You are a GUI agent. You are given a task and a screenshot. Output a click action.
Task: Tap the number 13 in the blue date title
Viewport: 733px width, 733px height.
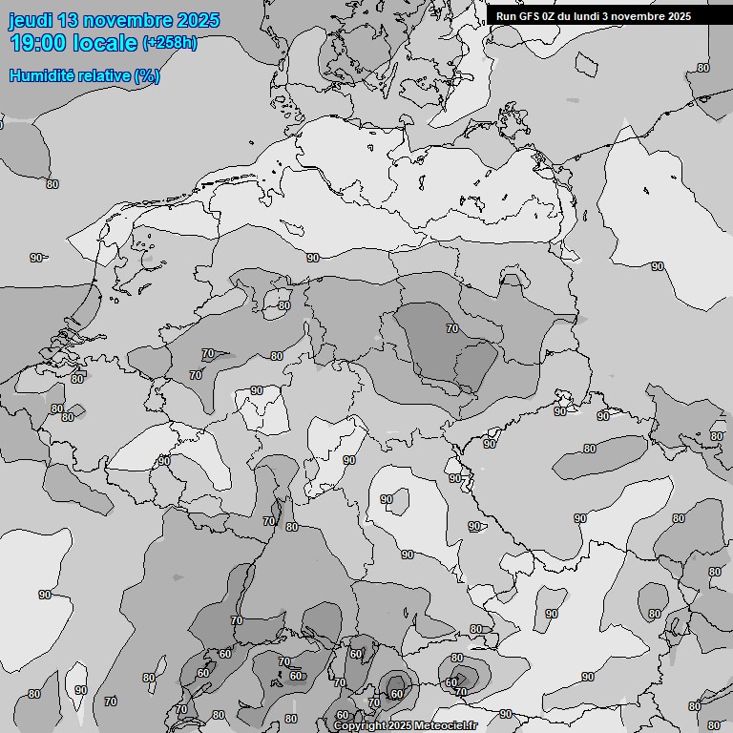click(69, 20)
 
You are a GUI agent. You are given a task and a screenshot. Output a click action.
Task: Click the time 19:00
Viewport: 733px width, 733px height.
click(37, 43)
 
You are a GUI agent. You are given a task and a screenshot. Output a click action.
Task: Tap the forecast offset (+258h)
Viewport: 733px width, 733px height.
click(170, 43)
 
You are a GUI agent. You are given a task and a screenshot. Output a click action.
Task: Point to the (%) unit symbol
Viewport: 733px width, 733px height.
click(147, 75)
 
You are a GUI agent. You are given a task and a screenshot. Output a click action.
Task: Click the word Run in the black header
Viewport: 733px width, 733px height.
click(507, 16)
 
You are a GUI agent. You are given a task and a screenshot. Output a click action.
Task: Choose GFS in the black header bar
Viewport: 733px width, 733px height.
click(531, 16)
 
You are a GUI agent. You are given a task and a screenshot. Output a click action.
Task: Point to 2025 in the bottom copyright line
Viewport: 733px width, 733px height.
click(400, 726)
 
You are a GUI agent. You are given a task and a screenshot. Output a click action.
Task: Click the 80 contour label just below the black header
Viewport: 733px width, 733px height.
click(703, 68)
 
